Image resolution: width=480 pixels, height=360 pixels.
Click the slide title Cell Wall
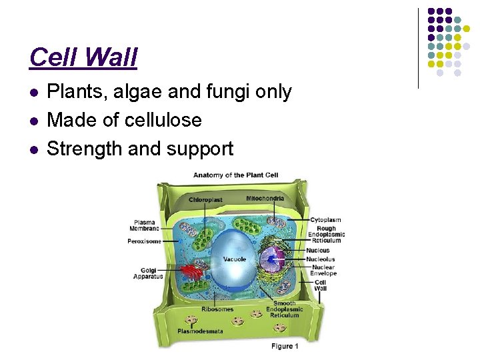point(83,57)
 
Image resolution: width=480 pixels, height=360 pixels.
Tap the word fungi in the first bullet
point(225,92)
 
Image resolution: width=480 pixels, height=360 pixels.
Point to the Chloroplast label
point(205,199)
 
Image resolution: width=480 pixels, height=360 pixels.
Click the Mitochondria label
point(265,198)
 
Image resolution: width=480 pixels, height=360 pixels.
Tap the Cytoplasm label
point(325,219)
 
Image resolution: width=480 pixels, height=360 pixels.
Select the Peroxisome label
point(144,241)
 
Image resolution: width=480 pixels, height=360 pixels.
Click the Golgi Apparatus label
point(148,273)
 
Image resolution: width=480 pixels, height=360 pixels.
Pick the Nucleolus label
point(320,259)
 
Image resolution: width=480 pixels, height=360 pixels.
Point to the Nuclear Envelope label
point(323,270)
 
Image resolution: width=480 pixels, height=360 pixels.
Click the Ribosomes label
point(217,309)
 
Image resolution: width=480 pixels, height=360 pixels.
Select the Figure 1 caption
point(285,345)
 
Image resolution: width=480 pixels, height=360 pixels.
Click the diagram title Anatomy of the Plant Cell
point(235,175)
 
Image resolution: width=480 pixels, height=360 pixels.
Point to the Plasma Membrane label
point(145,225)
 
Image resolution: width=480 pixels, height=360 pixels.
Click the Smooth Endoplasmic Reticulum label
point(284,309)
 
